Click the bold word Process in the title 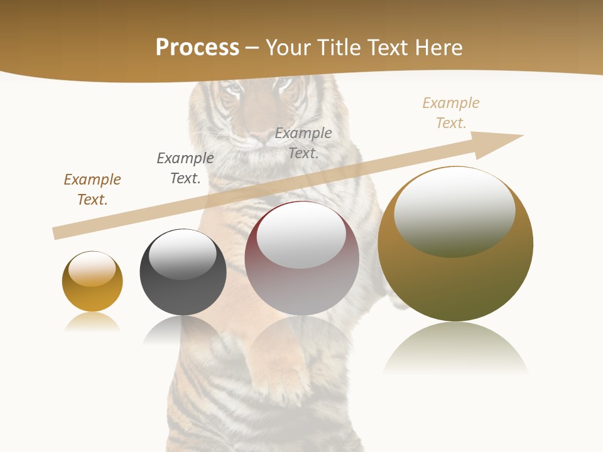(197, 48)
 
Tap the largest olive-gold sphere (455, 282)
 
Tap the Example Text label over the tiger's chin (303, 143)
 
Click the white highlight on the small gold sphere (92, 269)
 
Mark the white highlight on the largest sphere (454, 212)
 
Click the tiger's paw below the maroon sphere (276, 370)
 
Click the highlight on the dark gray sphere (183, 254)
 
